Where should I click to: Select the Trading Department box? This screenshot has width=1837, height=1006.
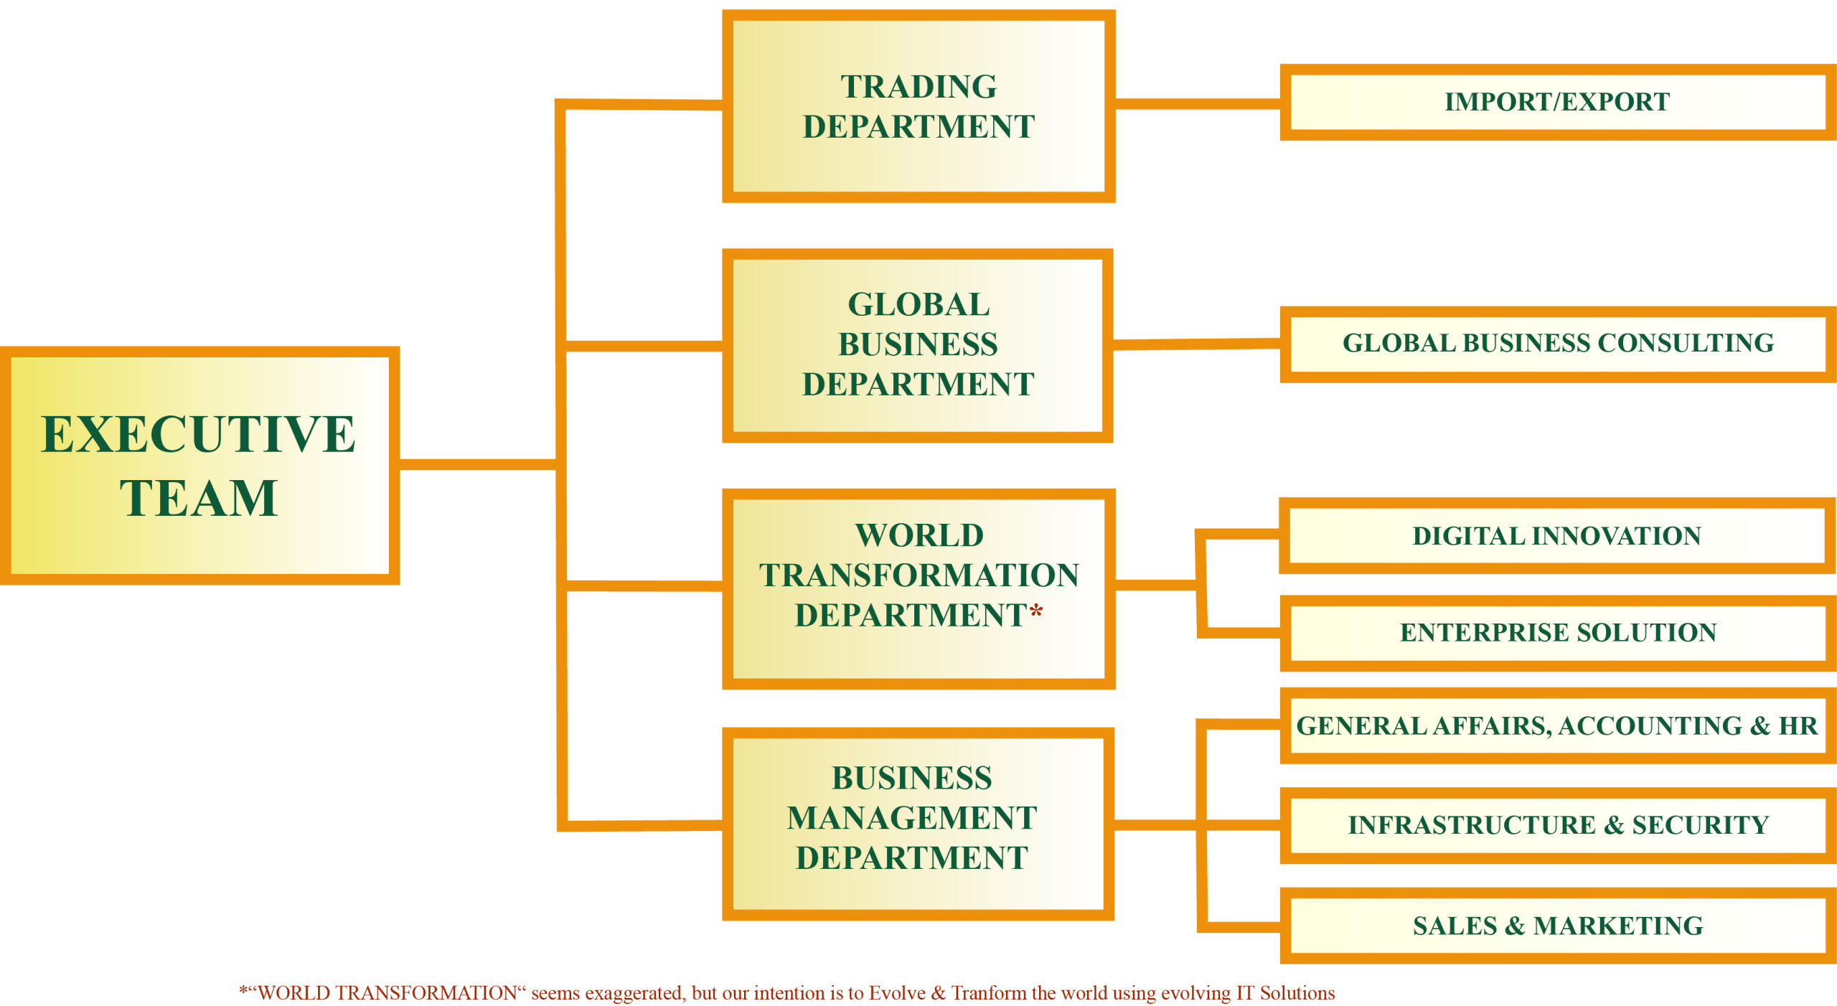(918, 165)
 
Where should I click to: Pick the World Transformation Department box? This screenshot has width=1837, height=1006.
(918, 653)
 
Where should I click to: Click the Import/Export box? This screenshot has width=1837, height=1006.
(1557, 102)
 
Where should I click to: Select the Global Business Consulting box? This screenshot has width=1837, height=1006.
(1557, 343)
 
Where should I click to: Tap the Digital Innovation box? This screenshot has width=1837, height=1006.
(1557, 536)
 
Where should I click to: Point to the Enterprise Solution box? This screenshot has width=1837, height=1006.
(1557, 632)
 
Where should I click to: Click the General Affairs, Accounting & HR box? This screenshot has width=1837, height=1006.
(1557, 725)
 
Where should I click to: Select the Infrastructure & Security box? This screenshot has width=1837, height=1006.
(1557, 825)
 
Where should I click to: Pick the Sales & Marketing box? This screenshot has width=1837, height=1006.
(1557, 926)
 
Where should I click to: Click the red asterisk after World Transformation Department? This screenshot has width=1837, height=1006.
(1035, 612)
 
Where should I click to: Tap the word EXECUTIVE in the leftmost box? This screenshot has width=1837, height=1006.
(199, 434)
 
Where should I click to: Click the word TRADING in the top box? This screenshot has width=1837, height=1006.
(918, 87)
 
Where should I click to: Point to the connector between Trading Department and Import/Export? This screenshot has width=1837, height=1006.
(1197, 104)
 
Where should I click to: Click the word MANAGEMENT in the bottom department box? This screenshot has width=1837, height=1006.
(912, 818)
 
